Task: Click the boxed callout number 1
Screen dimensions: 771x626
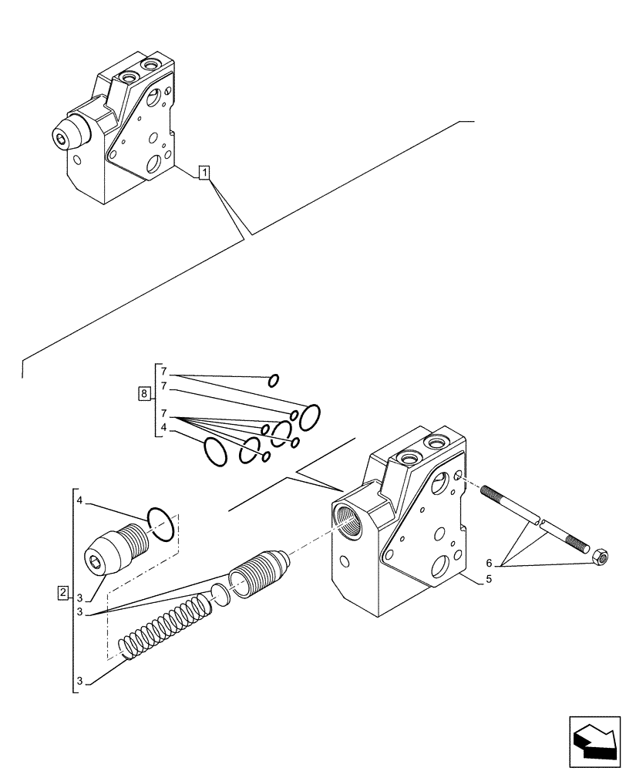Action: point(204,173)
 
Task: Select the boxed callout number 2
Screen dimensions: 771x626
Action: point(62,593)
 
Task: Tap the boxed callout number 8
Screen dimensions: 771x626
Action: point(144,394)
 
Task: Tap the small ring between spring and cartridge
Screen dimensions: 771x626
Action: point(220,593)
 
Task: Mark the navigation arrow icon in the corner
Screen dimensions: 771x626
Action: point(594,739)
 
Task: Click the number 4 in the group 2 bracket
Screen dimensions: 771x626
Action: point(79,502)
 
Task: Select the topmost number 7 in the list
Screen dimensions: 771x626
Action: point(164,372)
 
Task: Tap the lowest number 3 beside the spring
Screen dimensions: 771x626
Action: point(79,682)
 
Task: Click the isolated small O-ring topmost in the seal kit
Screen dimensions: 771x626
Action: point(273,379)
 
